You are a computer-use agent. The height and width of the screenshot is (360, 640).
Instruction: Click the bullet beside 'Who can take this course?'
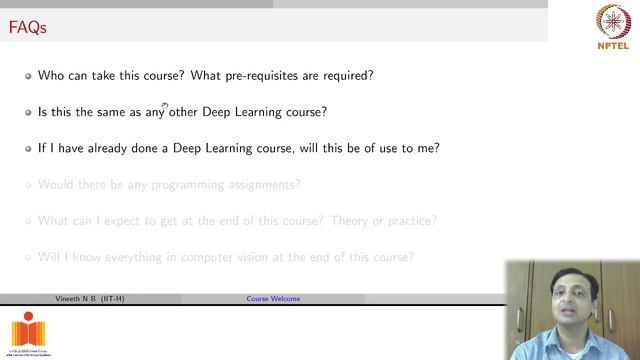click(x=29, y=76)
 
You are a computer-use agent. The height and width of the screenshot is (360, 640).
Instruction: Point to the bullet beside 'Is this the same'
click(x=29, y=112)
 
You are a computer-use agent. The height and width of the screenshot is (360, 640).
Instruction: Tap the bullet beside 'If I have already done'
click(x=29, y=149)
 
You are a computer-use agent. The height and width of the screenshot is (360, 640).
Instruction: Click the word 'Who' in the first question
click(x=50, y=75)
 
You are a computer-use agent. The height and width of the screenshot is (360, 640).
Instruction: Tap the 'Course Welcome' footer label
click(x=273, y=299)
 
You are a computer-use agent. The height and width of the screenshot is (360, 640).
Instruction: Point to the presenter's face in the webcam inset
click(x=564, y=290)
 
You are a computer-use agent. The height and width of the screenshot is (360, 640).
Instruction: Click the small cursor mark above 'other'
click(x=166, y=104)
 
